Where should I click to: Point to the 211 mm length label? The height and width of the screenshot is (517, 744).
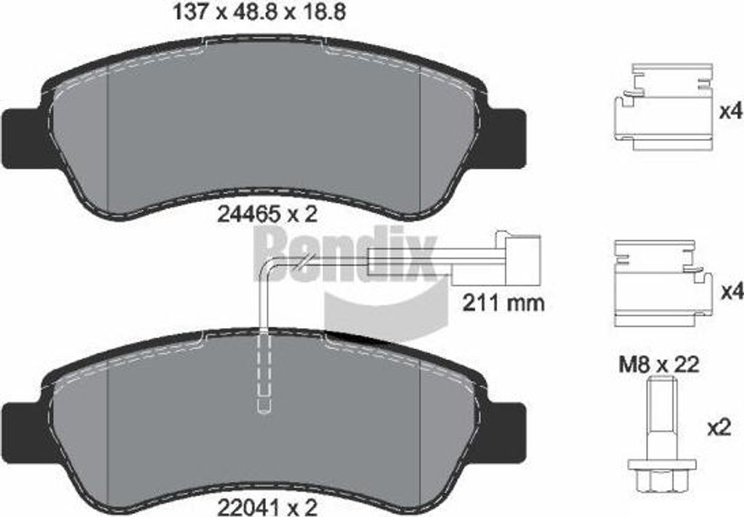[503, 302]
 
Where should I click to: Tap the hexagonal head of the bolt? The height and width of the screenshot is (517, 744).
[660, 476]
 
